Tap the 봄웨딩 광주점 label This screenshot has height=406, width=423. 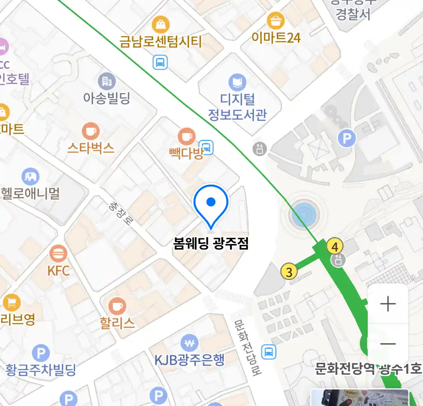click(211, 244)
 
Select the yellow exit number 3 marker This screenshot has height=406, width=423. click(289, 271)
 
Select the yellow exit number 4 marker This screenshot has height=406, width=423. click(335, 247)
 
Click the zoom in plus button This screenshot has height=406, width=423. click(388, 304)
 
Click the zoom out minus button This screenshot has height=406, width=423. click(388, 343)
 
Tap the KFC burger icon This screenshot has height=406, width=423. click(58, 254)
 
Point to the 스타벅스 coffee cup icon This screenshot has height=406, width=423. click(91, 131)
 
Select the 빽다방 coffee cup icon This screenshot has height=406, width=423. click(186, 136)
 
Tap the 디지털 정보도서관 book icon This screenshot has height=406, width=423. click(237, 82)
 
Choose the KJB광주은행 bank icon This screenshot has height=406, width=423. click(190, 343)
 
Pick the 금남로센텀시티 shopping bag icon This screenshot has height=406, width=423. click(161, 25)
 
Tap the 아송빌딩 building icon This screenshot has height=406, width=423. click(107, 81)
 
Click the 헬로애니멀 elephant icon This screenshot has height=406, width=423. click(30, 176)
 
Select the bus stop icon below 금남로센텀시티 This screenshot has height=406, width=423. click(160, 62)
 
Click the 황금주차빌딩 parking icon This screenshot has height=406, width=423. click(41, 353)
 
